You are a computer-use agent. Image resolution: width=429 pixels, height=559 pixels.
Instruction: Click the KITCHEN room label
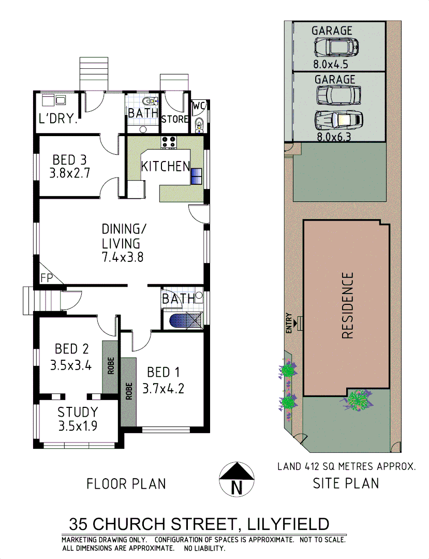tap(165, 166)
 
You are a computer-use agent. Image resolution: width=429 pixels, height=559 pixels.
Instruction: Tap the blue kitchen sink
tap(197, 176)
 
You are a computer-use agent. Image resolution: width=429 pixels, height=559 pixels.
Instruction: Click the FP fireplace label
tap(47, 278)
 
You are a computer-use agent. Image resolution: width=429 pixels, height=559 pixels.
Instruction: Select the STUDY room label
tap(77, 413)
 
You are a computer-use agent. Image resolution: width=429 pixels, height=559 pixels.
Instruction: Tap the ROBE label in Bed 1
tap(128, 392)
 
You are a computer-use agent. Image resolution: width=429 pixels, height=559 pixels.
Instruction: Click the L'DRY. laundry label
tap(58, 119)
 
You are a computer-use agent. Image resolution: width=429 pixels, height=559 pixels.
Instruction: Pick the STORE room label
tap(174, 119)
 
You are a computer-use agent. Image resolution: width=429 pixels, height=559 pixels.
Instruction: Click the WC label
tap(199, 106)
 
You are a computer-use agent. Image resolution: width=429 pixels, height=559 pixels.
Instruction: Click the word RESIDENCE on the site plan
tap(347, 305)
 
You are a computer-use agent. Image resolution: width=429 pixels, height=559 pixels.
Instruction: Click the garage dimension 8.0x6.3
tap(334, 137)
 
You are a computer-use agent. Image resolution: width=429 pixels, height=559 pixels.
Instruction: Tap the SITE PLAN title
tap(346, 483)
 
